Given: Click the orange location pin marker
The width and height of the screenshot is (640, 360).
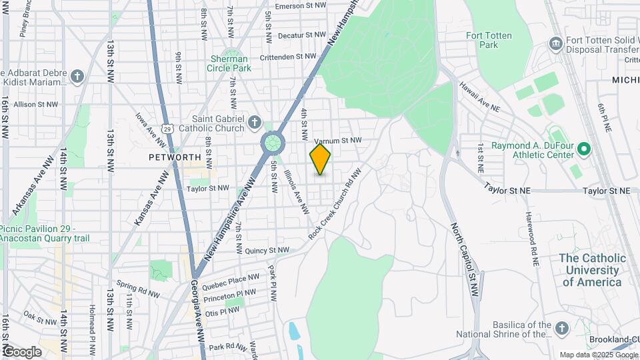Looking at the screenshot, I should tap(321, 159).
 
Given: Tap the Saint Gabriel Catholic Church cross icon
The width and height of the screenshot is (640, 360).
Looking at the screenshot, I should tap(254, 122).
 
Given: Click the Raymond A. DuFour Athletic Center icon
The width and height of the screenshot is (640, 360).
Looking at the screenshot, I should tap(585, 149).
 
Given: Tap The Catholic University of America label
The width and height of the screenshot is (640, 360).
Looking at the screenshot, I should tap(593, 269).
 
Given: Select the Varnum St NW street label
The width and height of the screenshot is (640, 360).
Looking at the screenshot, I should tap(337, 141).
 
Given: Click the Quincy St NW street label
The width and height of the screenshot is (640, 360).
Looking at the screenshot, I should tap(267, 251).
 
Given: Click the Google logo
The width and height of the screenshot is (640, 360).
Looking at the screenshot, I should tap(21, 351).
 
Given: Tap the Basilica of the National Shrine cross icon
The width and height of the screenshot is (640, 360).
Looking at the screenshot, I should tap(561, 327).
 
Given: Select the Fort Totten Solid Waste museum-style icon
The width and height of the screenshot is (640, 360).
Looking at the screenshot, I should tap(555, 43).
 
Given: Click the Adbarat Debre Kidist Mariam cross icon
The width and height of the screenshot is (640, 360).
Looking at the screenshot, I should tap(77, 77).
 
